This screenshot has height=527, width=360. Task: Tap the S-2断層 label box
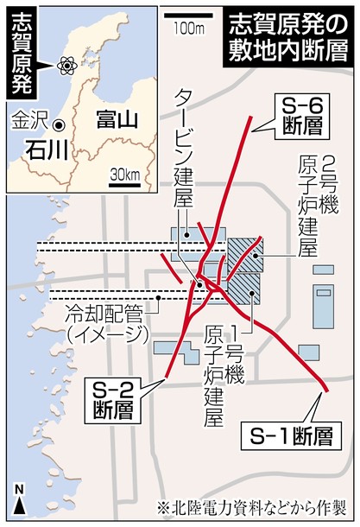coord(114,398)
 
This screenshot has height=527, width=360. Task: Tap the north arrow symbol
coord(18,499)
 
